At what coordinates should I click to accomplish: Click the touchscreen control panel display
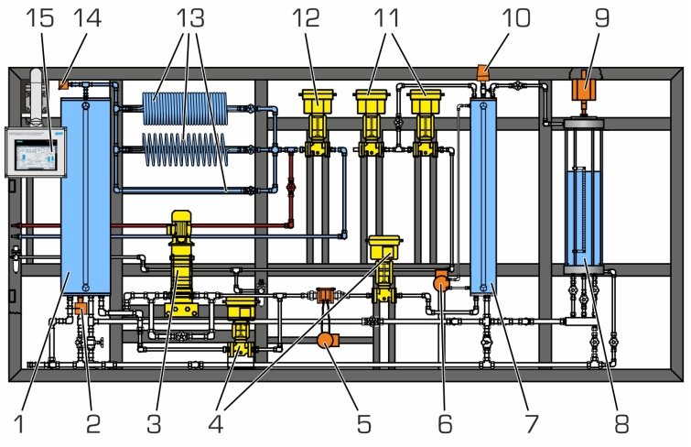pos(33,150)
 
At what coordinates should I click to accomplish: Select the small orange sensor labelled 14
pos(63,84)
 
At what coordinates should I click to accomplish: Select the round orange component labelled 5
pos(325,342)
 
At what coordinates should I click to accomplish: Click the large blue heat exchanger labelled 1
pos(83,192)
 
